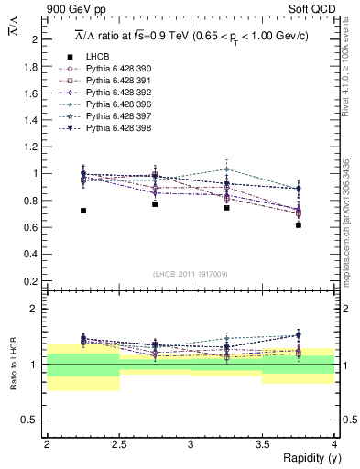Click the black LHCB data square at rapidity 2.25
[x=83, y=211]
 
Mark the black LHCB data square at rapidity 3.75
[x=299, y=224]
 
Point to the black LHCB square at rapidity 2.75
[x=155, y=204]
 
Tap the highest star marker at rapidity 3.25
[x=227, y=169]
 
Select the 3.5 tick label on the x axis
[x=262, y=443]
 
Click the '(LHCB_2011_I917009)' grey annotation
[x=191, y=274]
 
